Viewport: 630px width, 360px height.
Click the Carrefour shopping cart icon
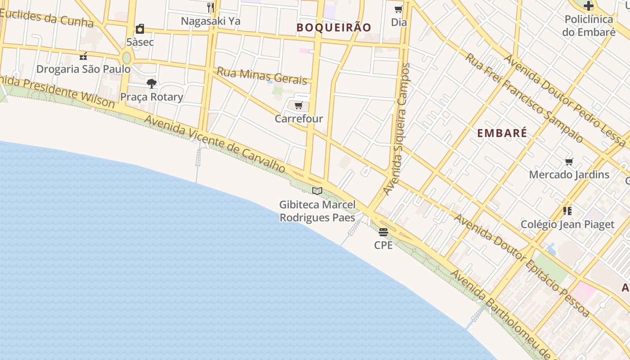click(298, 106)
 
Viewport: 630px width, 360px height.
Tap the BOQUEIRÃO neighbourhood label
click(334, 27)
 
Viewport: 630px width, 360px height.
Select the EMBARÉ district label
click(502, 133)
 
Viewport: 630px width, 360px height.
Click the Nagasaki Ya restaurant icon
click(210, 7)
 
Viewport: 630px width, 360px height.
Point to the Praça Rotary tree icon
click(151, 83)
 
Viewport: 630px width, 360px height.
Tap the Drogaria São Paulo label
click(83, 69)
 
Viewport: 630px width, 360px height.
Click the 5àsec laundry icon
click(140, 29)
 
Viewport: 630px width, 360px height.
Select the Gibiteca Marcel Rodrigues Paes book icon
click(317, 191)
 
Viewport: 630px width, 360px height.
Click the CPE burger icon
click(383, 232)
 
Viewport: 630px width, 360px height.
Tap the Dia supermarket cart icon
click(398, 9)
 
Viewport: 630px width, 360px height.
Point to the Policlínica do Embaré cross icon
click(588, 6)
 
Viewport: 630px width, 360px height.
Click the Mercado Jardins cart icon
click(569, 162)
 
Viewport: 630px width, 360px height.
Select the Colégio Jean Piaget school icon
click(567, 211)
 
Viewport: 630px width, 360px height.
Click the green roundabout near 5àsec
click(126, 58)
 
